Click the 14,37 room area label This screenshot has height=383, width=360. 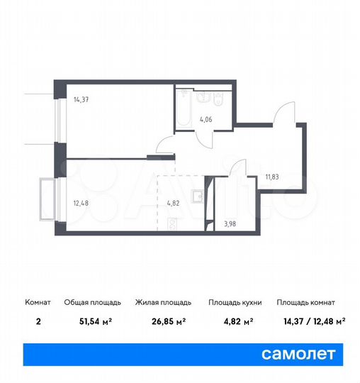tap(80, 99)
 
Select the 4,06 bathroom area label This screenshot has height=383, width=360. tap(206, 118)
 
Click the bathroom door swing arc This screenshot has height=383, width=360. tap(204, 138)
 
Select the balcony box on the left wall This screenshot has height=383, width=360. tap(48, 198)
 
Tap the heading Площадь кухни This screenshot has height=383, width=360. tap(235, 302)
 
